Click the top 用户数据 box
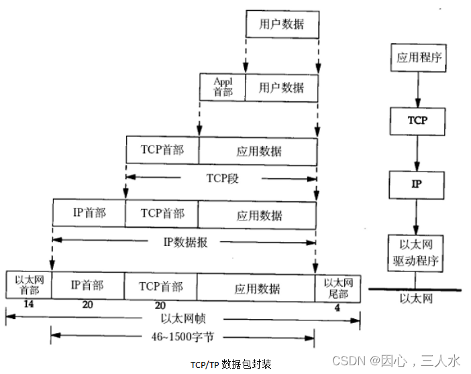281,24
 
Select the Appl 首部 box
222,86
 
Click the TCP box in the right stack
417,121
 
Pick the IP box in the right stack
417,184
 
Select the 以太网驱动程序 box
417,252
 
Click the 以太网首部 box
28,286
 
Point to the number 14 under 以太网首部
28,304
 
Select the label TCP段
221,178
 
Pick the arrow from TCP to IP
417,152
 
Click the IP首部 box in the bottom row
87,286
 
